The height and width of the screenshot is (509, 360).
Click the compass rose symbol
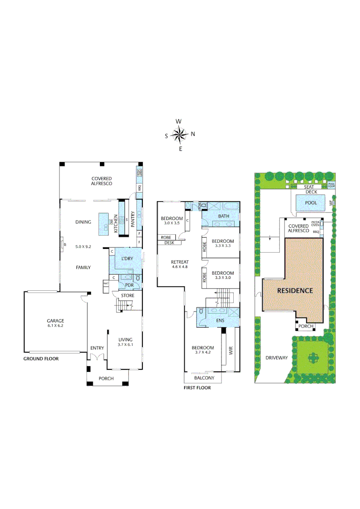tap(180, 135)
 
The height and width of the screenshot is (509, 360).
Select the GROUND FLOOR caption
tap(41, 359)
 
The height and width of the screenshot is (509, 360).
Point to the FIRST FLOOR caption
tap(197, 388)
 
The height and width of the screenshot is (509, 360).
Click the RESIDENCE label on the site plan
tap(295, 291)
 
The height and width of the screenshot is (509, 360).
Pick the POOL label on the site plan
tap(311, 202)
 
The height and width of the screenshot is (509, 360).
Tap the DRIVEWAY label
tap(276, 358)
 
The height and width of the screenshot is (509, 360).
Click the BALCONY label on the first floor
tap(204, 378)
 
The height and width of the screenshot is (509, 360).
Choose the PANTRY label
tap(133, 219)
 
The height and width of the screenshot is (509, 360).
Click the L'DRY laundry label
tap(127, 259)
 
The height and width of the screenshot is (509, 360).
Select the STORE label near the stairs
tap(128, 296)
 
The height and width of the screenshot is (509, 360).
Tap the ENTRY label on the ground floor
tap(97, 348)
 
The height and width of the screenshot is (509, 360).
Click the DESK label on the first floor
tap(169, 243)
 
